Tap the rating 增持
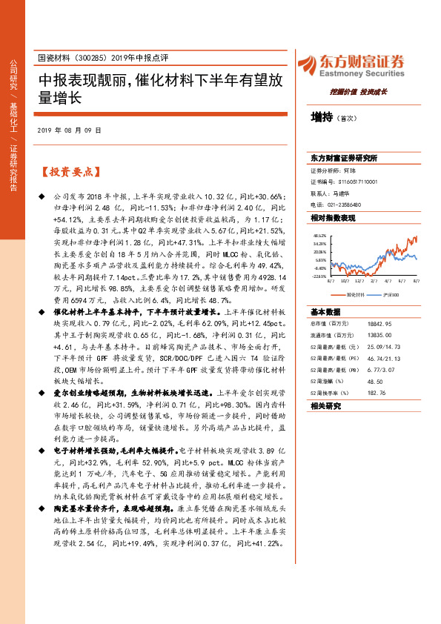coord(320,117)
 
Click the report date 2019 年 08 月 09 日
coord(68,130)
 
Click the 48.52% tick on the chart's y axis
coord(319,234)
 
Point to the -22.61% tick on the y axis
coord(319,276)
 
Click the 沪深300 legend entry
coord(389,293)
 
